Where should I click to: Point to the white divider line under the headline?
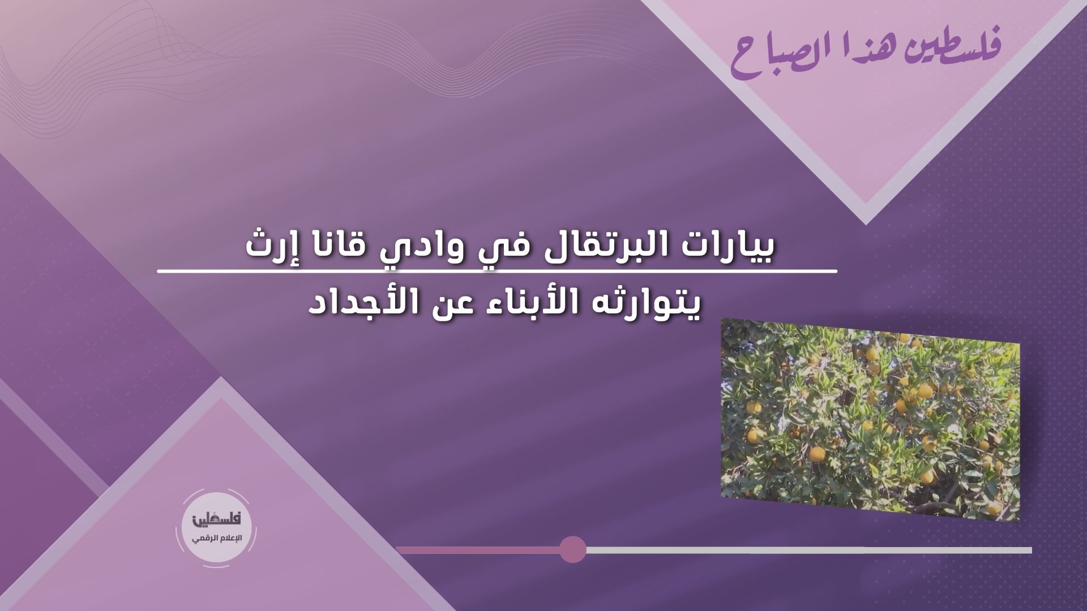point(497,272)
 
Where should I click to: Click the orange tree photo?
point(870,419)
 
